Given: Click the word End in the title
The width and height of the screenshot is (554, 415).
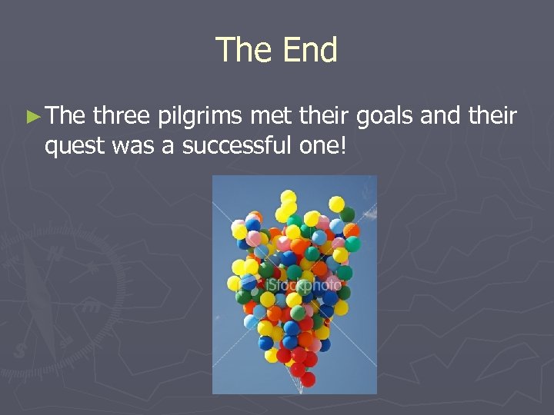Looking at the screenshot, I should point(309,51).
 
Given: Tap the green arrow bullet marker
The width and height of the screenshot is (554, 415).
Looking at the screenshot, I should point(31,117).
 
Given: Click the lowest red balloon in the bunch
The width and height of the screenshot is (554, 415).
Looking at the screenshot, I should point(308,378).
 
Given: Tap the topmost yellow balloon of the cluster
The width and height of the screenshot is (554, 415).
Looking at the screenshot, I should point(289,197).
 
